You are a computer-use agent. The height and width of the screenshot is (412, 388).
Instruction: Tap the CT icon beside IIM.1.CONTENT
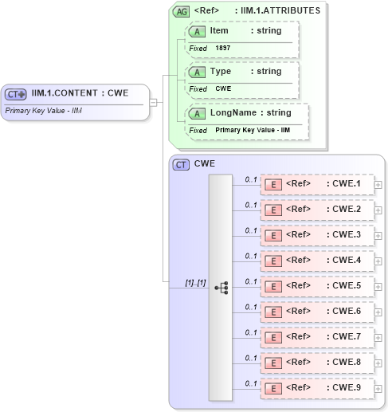[x=16, y=94]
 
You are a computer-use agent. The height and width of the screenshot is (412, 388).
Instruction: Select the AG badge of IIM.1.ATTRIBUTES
[x=182, y=11]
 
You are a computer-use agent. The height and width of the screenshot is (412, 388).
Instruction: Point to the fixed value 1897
[x=223, y=49]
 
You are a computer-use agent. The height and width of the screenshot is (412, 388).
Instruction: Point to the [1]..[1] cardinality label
[x=194, y=282]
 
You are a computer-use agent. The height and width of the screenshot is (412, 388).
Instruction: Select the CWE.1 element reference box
[x=316, y=185]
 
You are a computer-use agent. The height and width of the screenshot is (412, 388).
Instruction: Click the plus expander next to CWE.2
[x=378, y=210]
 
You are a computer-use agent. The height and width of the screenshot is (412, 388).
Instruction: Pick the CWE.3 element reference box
[x=316, y=236]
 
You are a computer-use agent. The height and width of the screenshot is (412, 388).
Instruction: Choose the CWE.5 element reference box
[x=316, y=286]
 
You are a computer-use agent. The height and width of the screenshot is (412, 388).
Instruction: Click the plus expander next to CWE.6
[x=378, y=312]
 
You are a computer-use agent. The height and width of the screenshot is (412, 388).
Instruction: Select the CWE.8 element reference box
[x=316, y=363]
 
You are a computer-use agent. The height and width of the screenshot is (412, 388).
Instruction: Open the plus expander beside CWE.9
[x=378, y=389]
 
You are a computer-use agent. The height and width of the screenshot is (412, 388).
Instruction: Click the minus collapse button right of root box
[x=154, y=102]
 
